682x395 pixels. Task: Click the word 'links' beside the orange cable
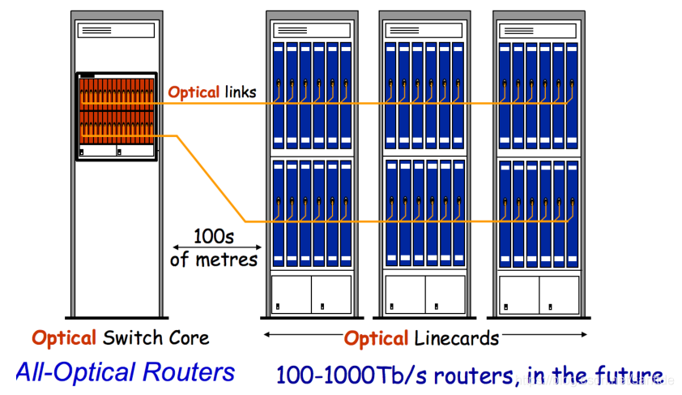tap(238, 92)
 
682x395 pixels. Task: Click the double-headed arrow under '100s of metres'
tap(217, 247)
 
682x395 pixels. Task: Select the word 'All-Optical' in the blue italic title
tap(76, 372)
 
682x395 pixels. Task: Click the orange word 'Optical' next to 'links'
tap(194, 92)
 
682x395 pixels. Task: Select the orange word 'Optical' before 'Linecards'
tap(377, 338)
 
